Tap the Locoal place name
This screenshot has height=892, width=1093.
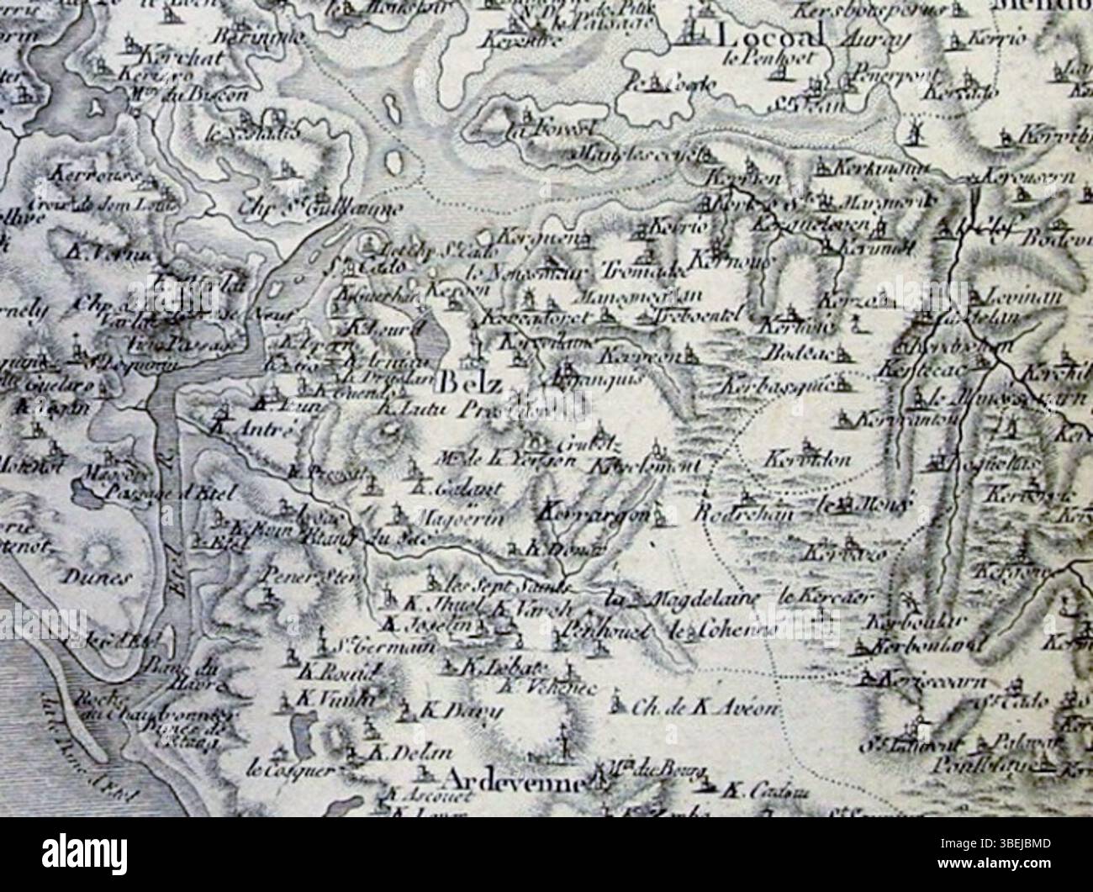coord(769,37)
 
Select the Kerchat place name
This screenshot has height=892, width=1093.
coord(175,61)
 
